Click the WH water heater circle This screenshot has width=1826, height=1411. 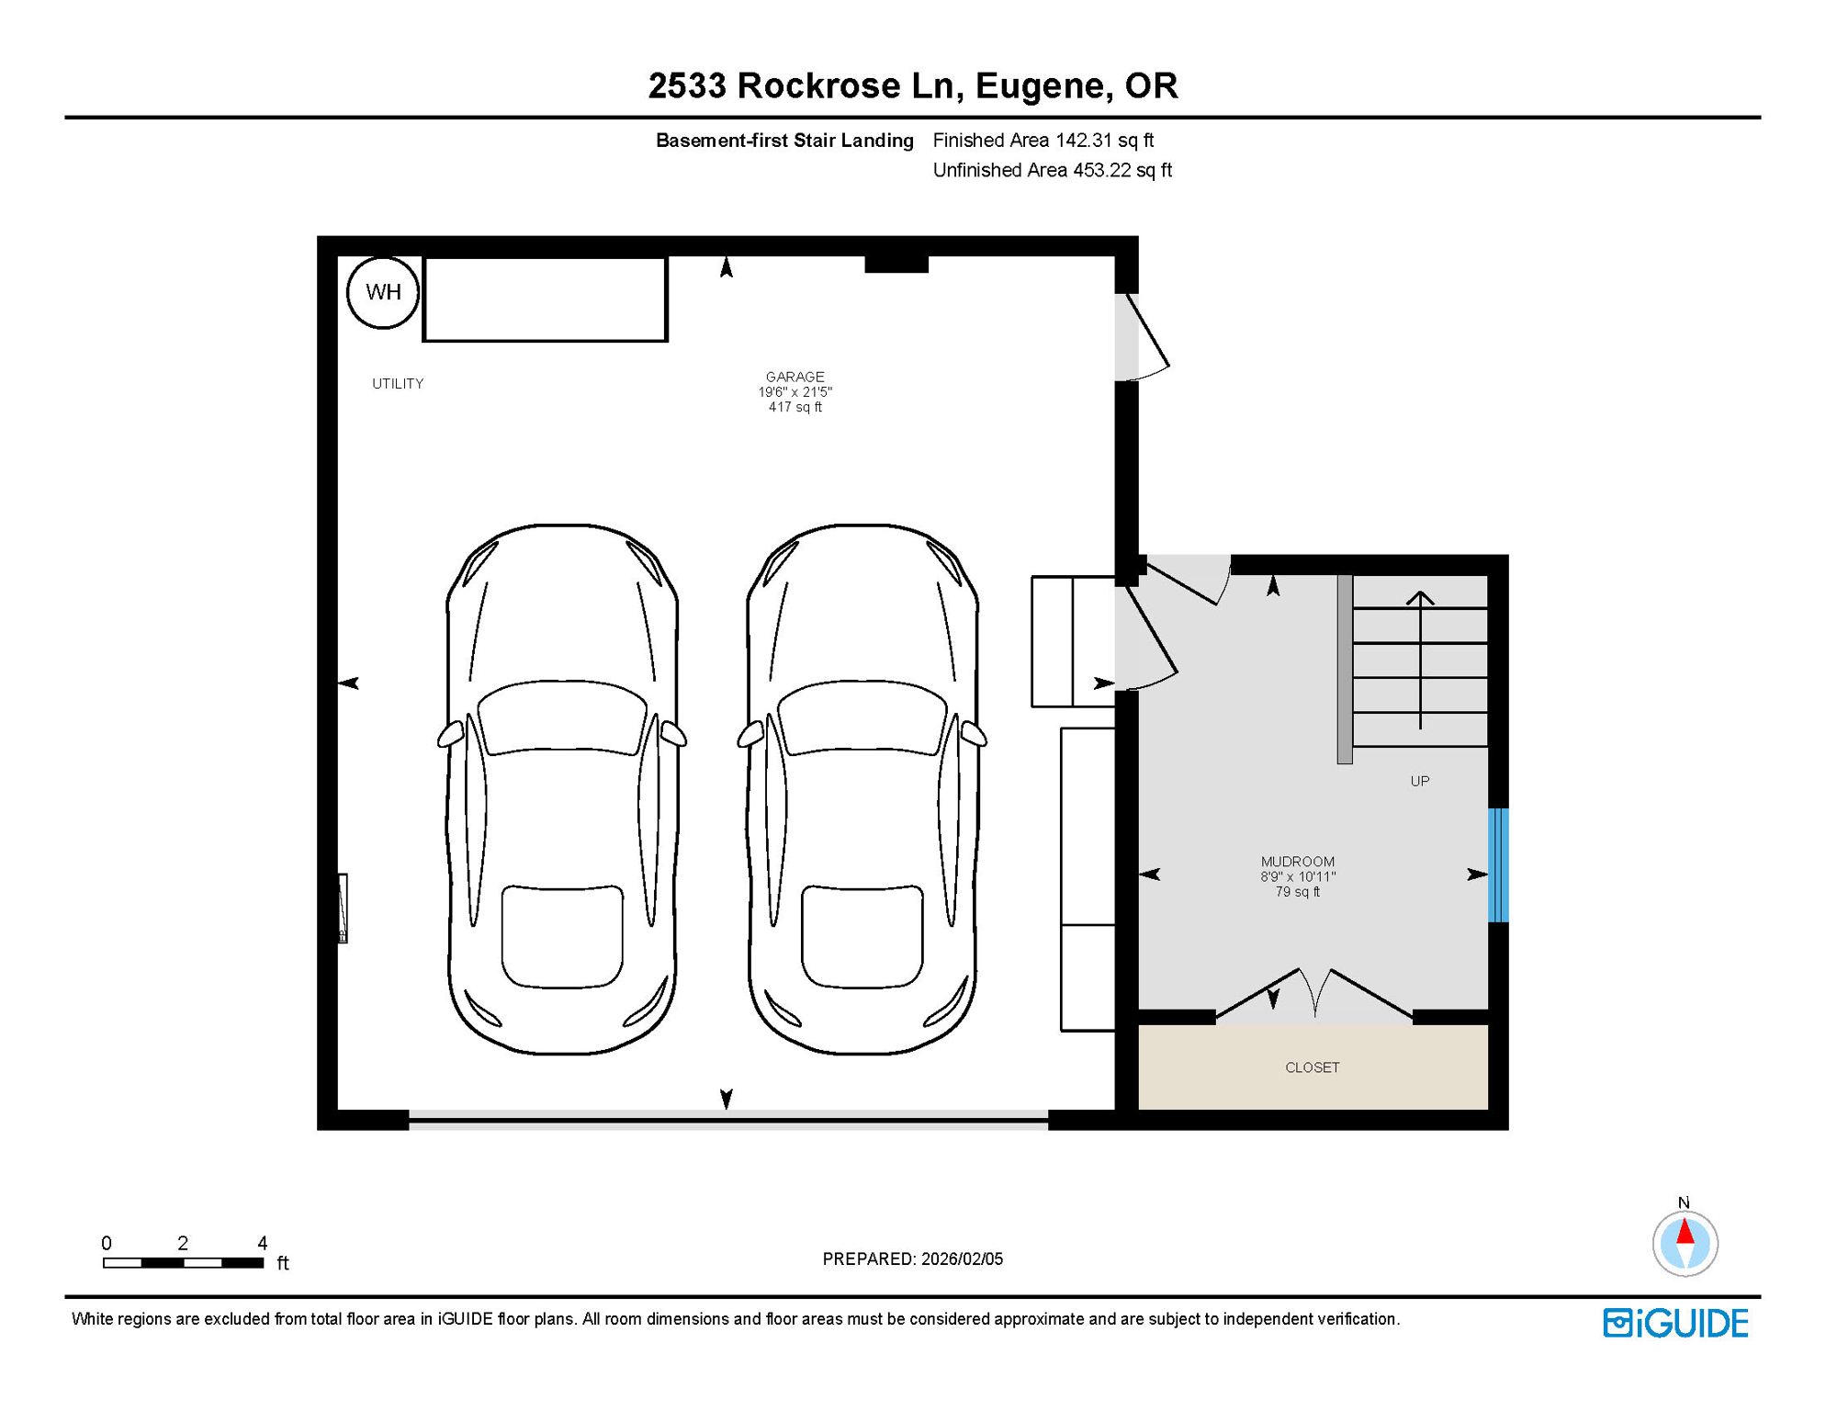coord(383,292)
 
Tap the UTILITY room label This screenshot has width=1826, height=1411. coord(398,384)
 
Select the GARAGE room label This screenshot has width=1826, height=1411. coord(795,377)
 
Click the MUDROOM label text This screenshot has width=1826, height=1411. coord(1297,862)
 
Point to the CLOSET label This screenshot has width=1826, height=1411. coord(1312,1067)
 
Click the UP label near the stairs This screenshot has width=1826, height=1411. coord(1419,781)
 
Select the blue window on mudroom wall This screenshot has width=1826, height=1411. coord(1497,864)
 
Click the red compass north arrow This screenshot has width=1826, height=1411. coord(1685,1231)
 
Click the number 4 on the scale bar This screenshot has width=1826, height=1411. coord(262,1243)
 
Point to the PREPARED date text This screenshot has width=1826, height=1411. coord(912,1259)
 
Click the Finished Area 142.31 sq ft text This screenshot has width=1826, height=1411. coord(1043,141)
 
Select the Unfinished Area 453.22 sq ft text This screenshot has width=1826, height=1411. coord(1052,170)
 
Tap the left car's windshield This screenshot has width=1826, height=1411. coord(562,717)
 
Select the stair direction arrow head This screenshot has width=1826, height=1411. coord(1420,597)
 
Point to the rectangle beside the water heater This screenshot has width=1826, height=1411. coord(545,299)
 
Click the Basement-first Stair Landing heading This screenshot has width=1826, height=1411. coord(784,141)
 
